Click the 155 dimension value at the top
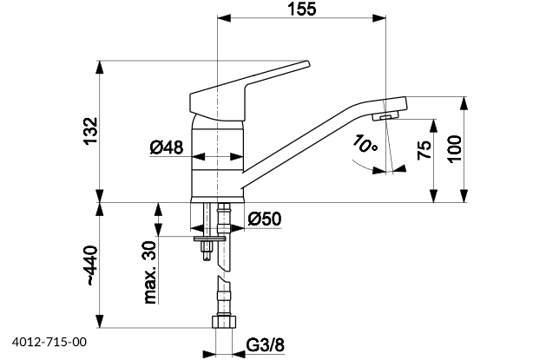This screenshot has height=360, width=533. tap(301, 9)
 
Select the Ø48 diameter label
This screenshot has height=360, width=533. tap(166, 148)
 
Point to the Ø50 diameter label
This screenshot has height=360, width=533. tap(263, 219)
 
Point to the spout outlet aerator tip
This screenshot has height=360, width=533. tap(385, 115)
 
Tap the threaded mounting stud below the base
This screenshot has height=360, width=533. tap(207, 248)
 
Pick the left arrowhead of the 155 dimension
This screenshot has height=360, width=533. tap(220, 18)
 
